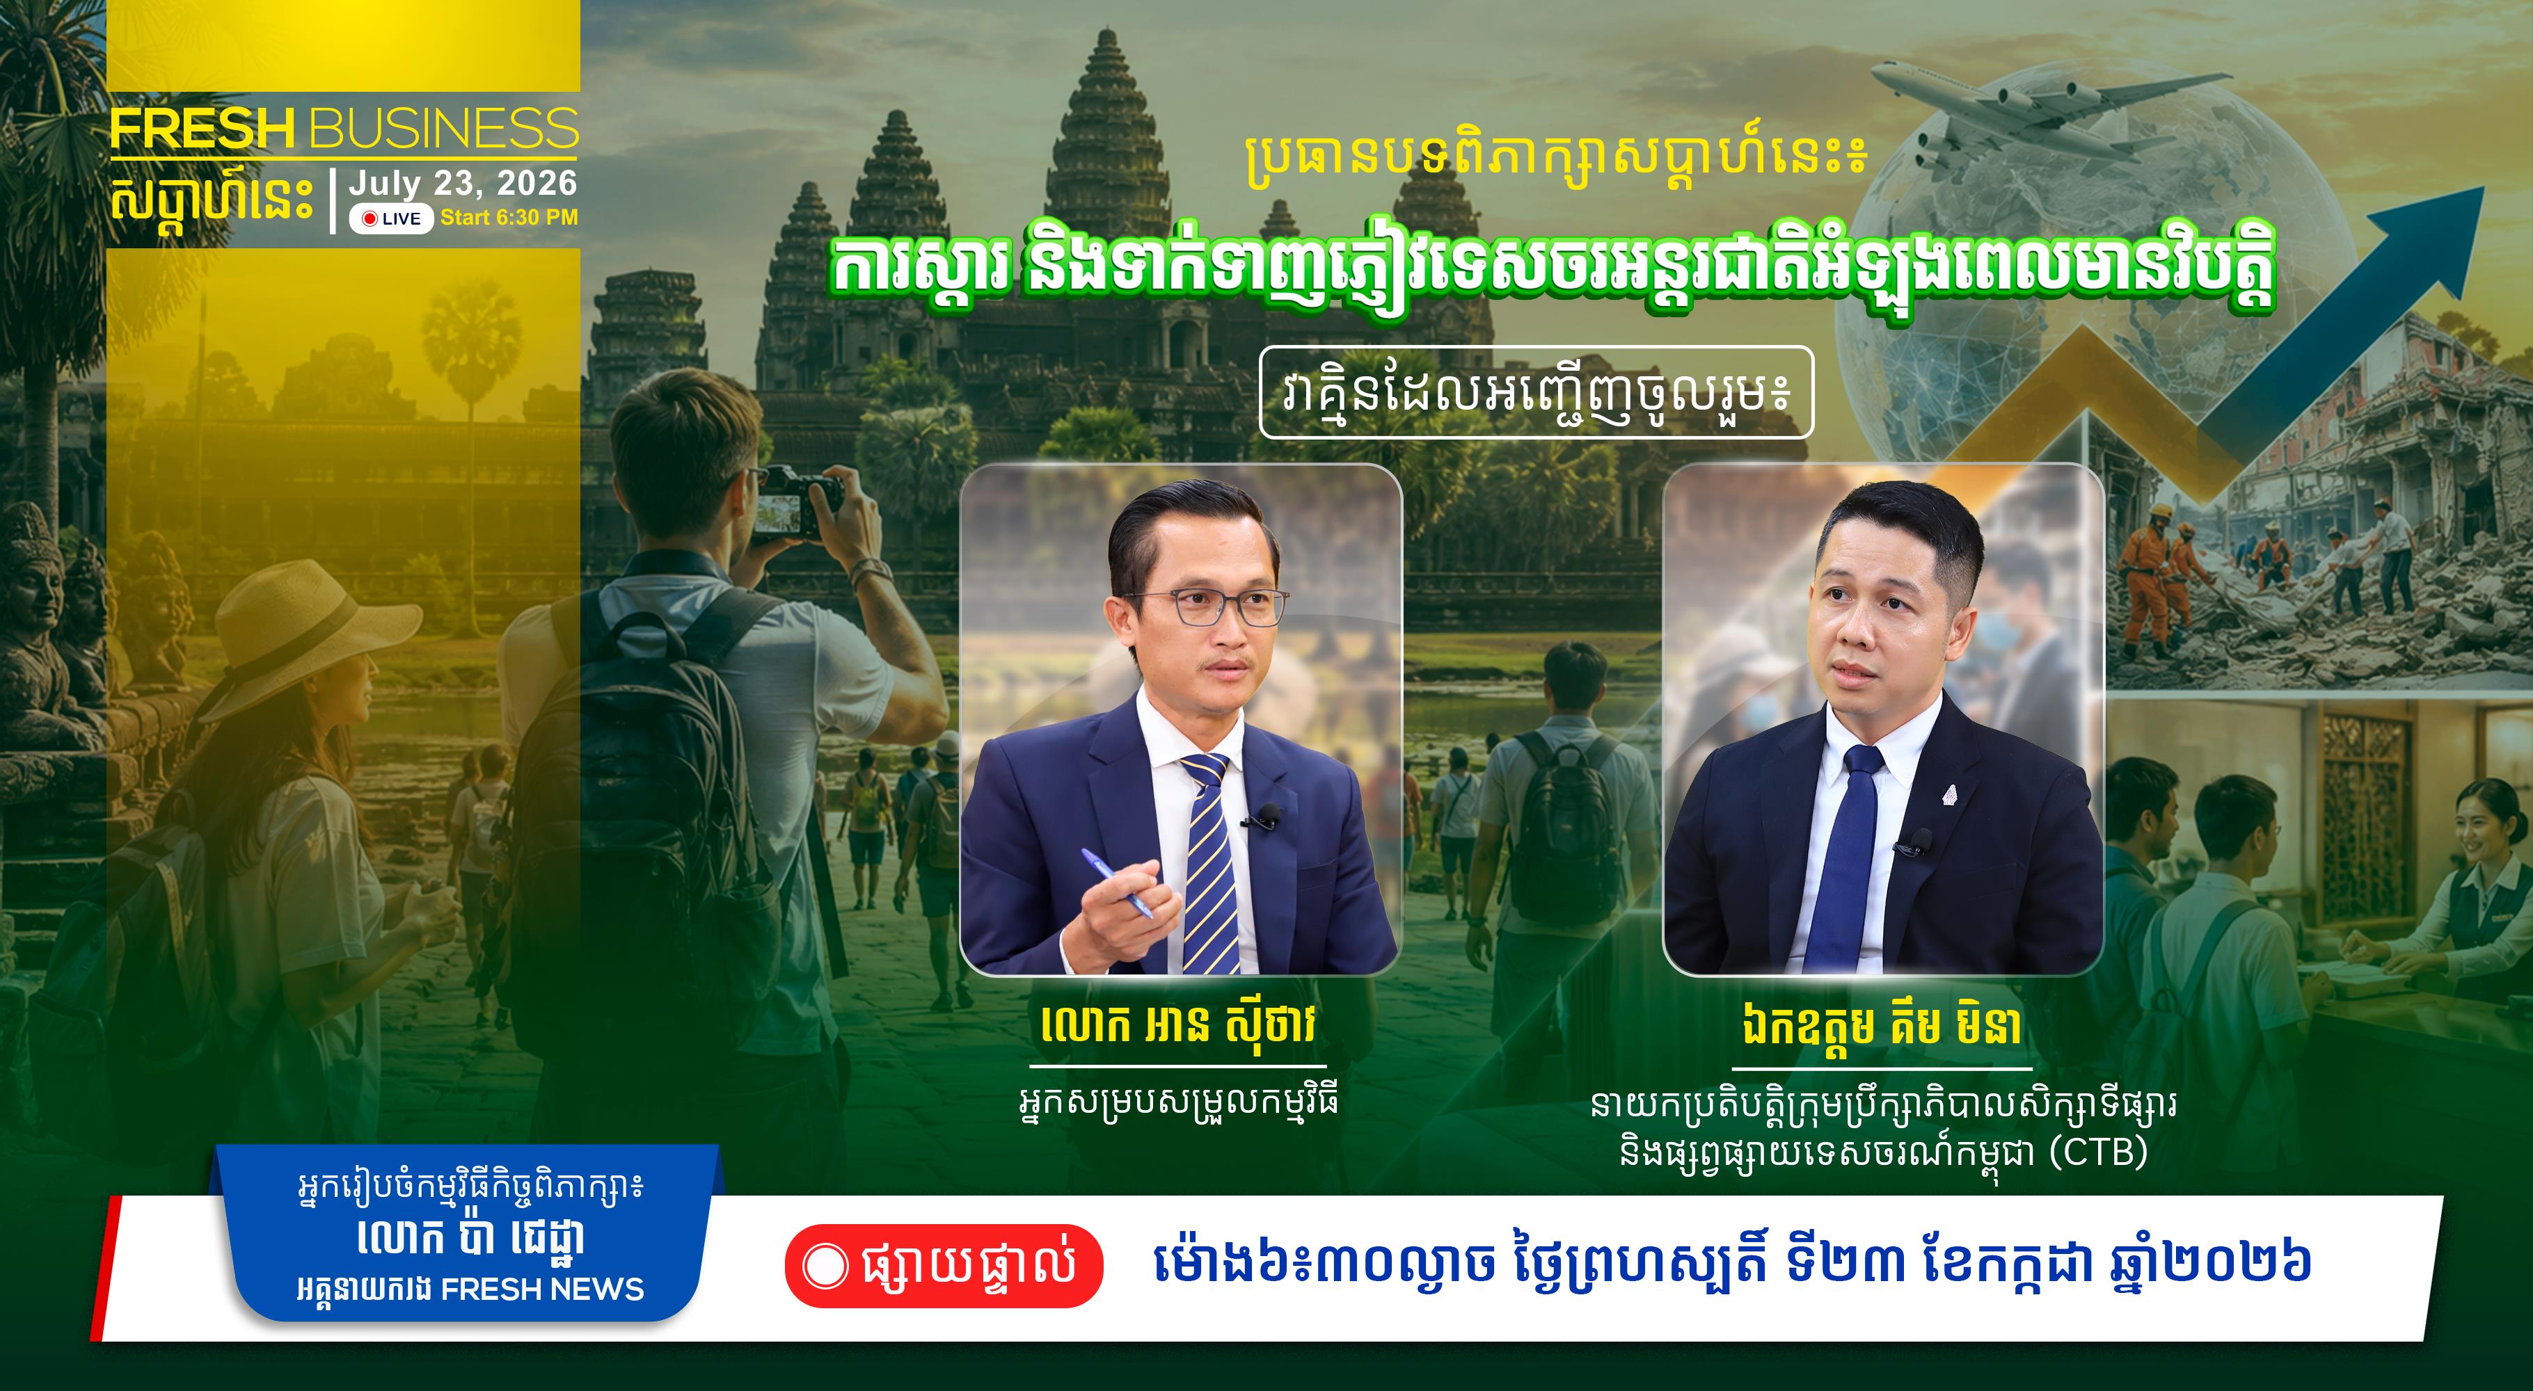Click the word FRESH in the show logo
click(x=203, y=129)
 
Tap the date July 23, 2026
click(x=462, y=183)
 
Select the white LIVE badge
click(x=391, y=218)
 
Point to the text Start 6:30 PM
click(x=509, y=217)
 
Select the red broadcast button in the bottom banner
click(x=944, y=1265)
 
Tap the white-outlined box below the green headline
click(x=1536, y=392)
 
